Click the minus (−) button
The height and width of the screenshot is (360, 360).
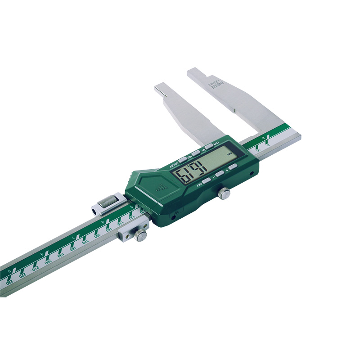pos(219,174)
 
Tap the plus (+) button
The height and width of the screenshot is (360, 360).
pos(232,167)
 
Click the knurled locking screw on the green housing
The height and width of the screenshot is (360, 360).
pos(224,193)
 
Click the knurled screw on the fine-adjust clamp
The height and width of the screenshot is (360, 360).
pos(141,235)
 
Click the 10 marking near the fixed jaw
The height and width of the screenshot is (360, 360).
pos(258,150)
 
